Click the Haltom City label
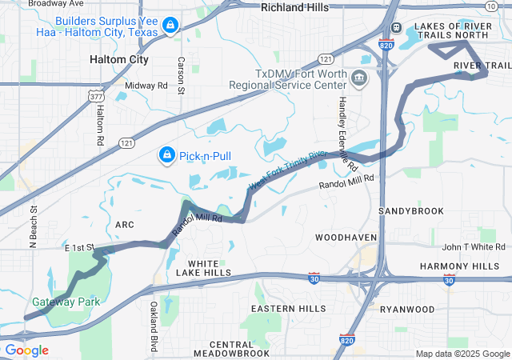pos(118,59)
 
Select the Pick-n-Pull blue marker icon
pos(166,154)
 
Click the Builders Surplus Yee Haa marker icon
pos(170,26)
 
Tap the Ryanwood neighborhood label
pos(407,309)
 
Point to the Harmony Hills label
pos(470,266)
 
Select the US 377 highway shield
pos(97,97)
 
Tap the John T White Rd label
pos(475,247)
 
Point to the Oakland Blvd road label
pos(154,326)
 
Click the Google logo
pos(26,350)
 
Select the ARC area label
pos(124,225)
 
